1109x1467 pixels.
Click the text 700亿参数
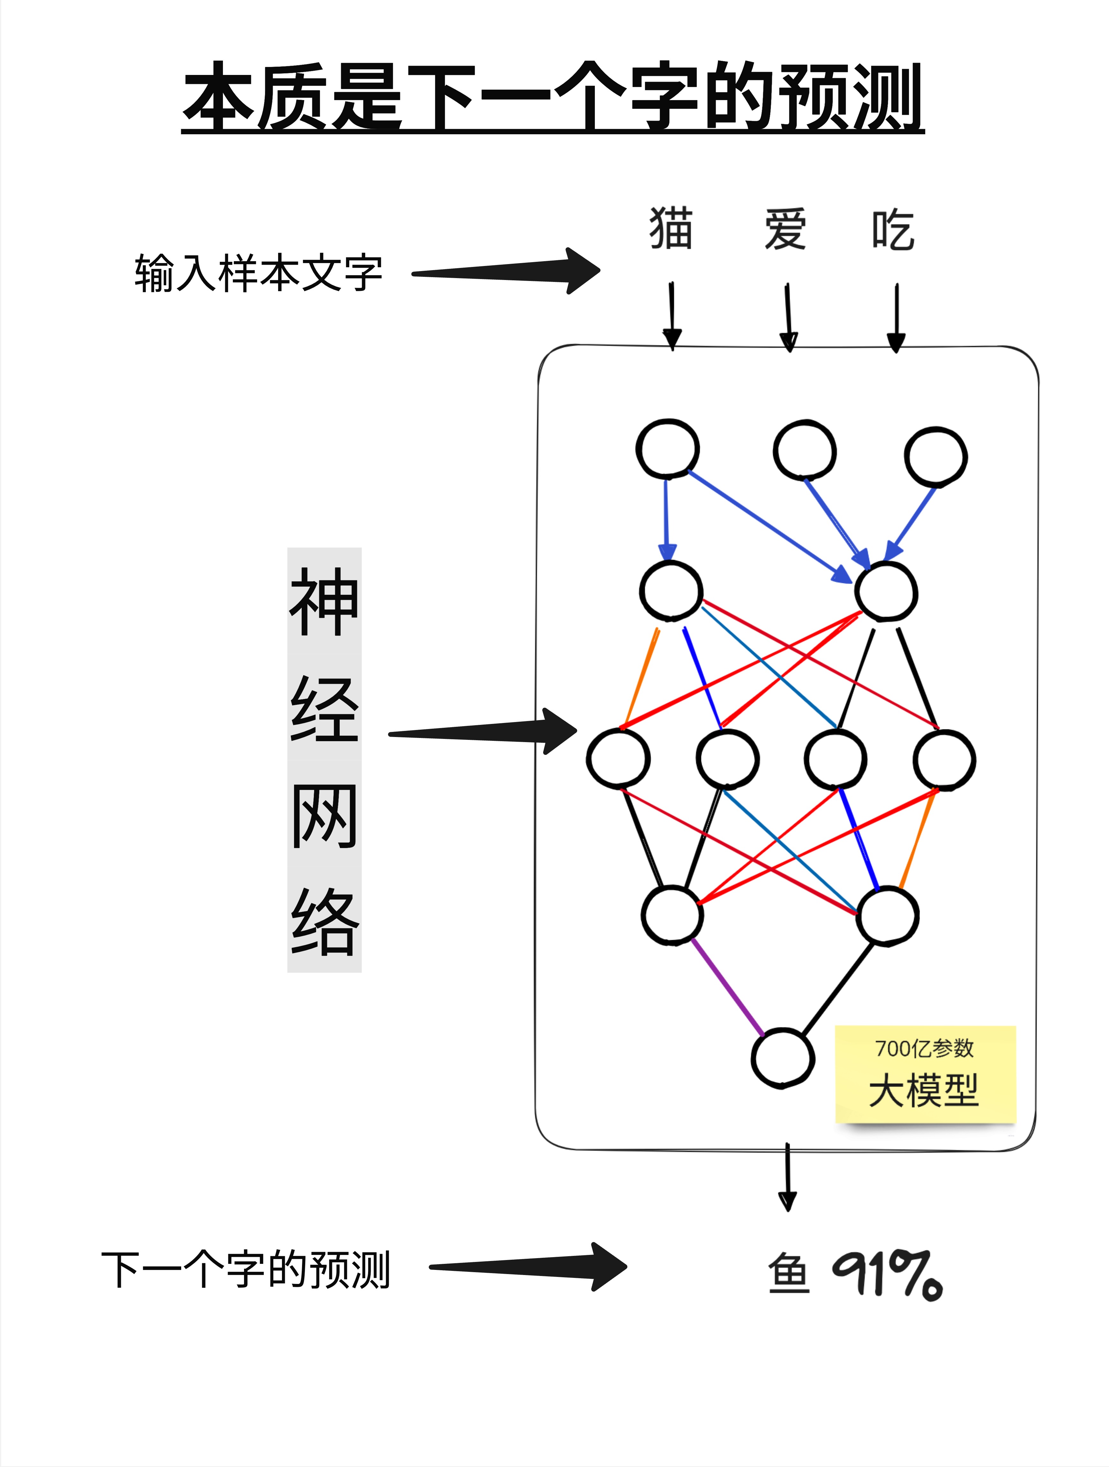click(x=924, y=1049)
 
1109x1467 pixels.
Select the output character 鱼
click(x=789, y=1273)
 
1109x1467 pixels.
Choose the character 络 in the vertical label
click(x=324, y=922)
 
